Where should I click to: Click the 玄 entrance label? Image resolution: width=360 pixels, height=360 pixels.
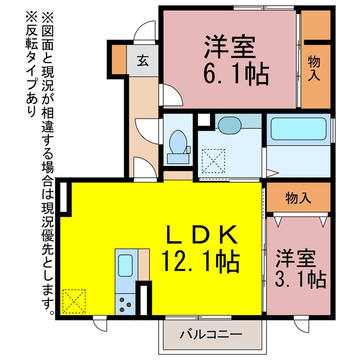143,61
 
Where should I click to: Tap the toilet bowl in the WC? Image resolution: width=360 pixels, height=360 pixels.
178,142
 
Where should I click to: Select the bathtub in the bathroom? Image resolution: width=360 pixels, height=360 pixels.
299,129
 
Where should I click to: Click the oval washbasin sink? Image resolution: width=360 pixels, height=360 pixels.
229,125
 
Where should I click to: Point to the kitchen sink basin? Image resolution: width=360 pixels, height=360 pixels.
125,265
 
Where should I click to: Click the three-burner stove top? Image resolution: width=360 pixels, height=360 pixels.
125,304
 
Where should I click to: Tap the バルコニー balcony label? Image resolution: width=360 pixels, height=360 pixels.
211,335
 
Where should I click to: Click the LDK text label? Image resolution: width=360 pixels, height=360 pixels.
201,235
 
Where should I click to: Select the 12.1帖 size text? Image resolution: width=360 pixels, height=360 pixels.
201,262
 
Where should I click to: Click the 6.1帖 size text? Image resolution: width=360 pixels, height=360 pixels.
236,74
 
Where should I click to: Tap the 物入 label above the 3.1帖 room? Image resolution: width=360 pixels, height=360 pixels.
298,198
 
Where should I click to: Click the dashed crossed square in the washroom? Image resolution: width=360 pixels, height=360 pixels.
213,161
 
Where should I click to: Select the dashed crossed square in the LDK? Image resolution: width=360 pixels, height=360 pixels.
74,301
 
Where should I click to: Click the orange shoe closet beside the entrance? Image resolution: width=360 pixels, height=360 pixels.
119,60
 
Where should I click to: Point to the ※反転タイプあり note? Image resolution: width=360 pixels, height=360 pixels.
31,65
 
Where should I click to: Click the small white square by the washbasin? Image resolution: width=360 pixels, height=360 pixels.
204,119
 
